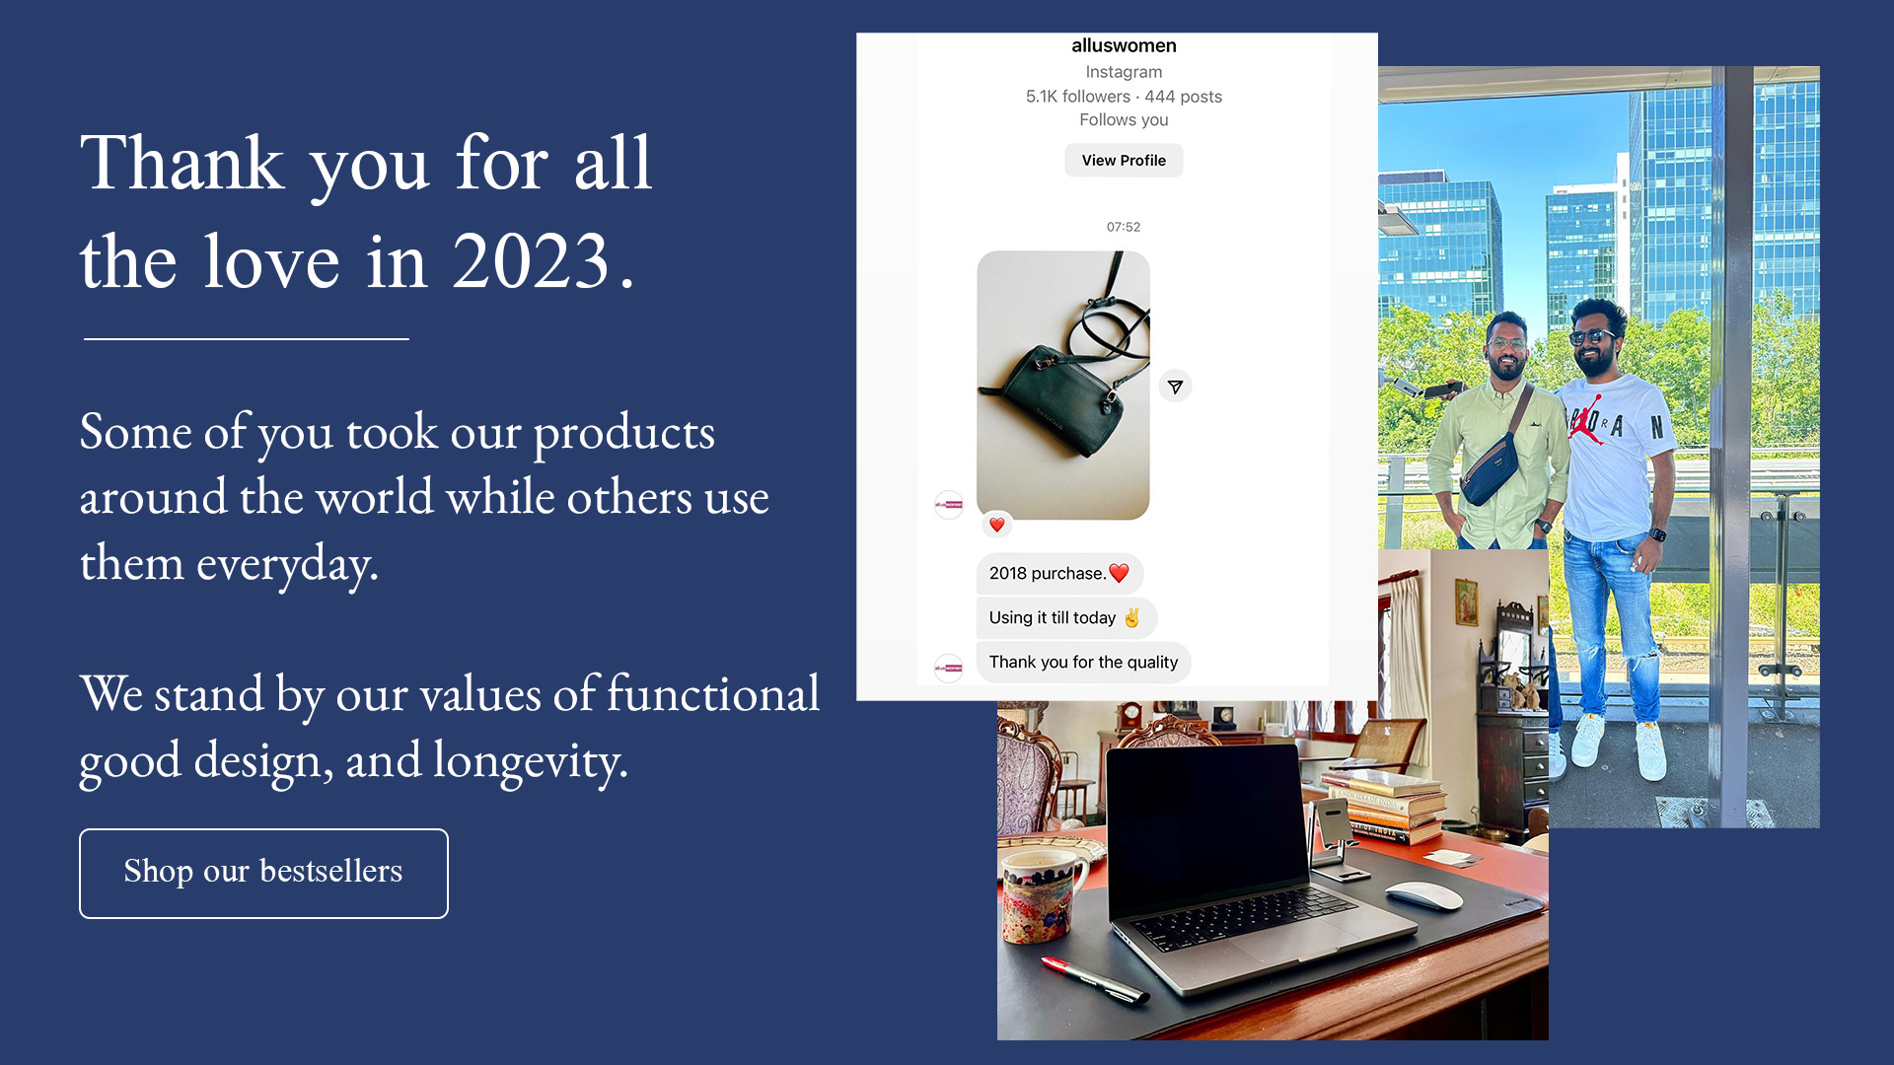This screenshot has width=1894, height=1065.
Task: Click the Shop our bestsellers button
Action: tap(263, 873)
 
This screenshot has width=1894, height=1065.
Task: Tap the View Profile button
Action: tap(1124, 160)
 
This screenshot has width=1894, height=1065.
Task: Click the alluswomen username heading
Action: tap(1124, 45)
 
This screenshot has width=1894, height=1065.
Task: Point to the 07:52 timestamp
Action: tap(1124, 227)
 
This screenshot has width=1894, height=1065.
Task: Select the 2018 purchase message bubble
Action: tap(1059, 573)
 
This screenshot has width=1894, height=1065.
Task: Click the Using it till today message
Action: tap(1065, 617)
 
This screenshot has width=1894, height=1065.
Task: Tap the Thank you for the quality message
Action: tap(1083, 662)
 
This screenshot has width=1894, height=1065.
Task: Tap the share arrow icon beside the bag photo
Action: tap(1175, 387)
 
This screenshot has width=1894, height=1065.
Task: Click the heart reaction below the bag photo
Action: tap(997, 525)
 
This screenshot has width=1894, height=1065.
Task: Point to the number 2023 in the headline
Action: tap(532, 261)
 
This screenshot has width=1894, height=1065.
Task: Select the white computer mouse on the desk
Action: tap(1423, 895)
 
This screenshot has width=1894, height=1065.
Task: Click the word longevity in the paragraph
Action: tap(529, 761)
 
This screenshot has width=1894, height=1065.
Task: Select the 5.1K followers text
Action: tap(1078, 97)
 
